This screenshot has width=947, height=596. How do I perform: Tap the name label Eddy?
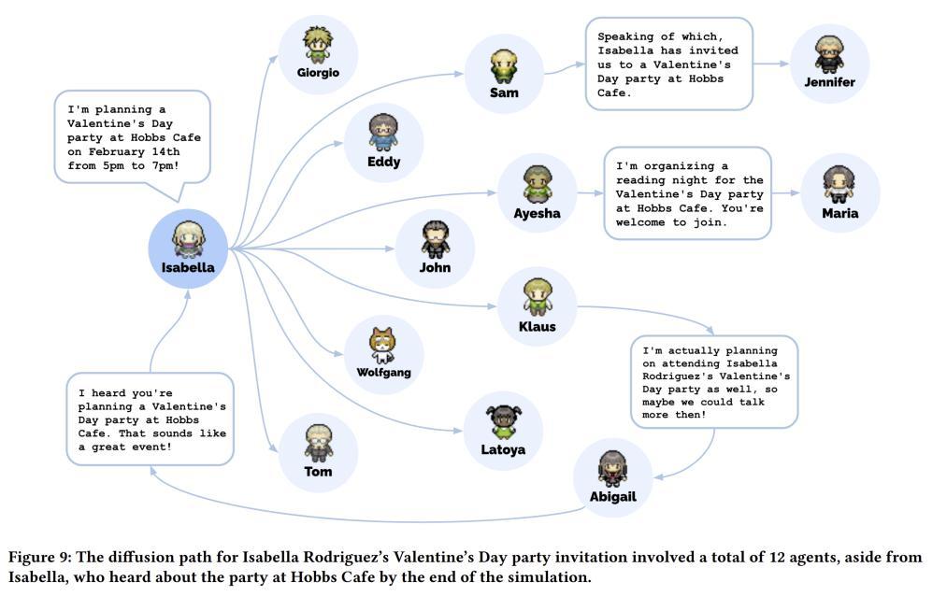(383, 162)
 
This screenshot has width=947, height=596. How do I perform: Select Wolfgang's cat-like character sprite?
(383, 346)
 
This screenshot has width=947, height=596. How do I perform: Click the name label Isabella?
(188, 267)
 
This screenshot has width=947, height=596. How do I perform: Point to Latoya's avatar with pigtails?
(503, 421)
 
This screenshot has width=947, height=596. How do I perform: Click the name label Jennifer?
(829, 82)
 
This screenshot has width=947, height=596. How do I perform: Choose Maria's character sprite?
(839, 184)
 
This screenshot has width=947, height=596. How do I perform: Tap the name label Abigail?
(612, 497)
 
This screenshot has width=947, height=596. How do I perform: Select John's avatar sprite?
(435, 239)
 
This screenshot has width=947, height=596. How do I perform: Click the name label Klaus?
(537, 327)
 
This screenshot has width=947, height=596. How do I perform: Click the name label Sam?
(504, 92)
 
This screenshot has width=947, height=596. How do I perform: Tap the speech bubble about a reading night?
(687, 193)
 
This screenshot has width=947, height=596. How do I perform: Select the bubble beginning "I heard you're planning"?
(150, 419)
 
